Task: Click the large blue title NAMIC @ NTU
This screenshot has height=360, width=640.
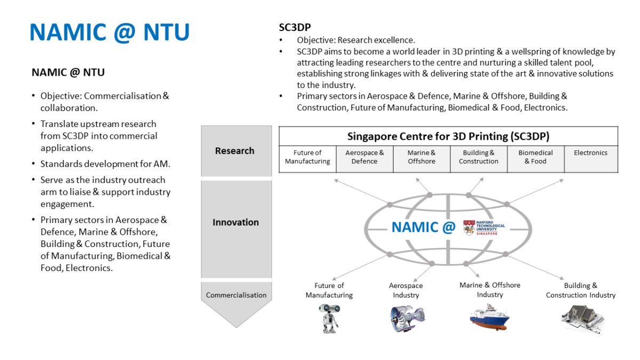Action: coord(109,33)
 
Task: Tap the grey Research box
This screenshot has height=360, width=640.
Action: coord(235,151)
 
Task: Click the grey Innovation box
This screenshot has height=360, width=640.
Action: coord(235,222)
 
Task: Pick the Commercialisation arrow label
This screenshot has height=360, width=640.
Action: coord(236,295)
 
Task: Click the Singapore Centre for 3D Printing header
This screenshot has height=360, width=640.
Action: coord(448,136)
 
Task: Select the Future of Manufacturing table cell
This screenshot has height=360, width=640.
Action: coord(307,157)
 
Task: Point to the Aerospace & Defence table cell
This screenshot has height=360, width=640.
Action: coord(364,157)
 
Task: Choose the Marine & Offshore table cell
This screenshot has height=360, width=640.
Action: coord(421,157)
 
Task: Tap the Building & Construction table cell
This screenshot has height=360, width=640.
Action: coord(478,157)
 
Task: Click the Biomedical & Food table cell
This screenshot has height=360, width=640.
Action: coord(535,157)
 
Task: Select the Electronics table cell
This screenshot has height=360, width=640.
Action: coord(590,153)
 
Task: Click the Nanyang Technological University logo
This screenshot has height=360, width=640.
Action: coord(484,228)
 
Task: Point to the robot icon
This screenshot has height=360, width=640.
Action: coord(329,318)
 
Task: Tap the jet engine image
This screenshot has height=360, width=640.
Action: coord(407,318)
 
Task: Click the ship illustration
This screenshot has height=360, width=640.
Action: coord(489,316)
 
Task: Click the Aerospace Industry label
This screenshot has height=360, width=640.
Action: coord(406,290)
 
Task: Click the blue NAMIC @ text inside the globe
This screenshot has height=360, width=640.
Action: coord(423,227)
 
